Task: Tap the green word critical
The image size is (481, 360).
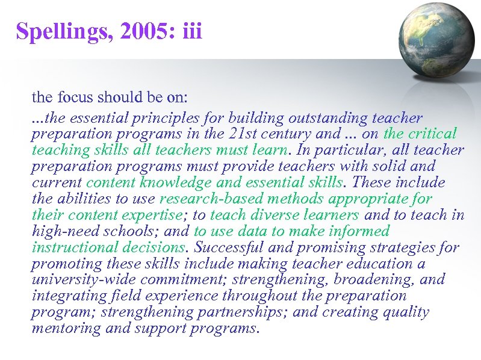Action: (433, 134)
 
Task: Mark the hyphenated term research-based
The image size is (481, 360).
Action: (207, 199)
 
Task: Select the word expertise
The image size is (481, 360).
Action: (152, 215)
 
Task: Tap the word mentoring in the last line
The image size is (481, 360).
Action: (66, 329)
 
